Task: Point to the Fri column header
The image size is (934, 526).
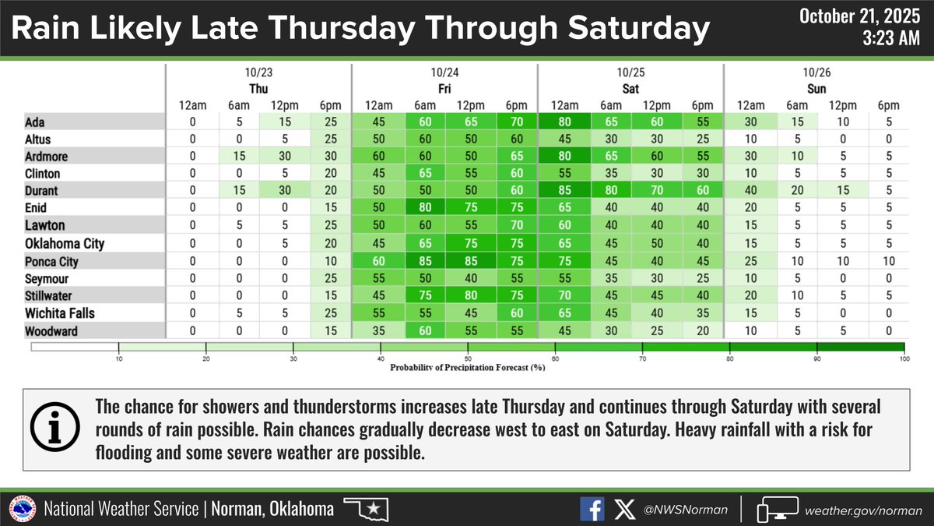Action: [x=444, y=89]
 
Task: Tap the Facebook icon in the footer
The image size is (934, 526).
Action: [x=592, y=510]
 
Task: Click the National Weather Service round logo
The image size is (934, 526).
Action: [x=22, y=510]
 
